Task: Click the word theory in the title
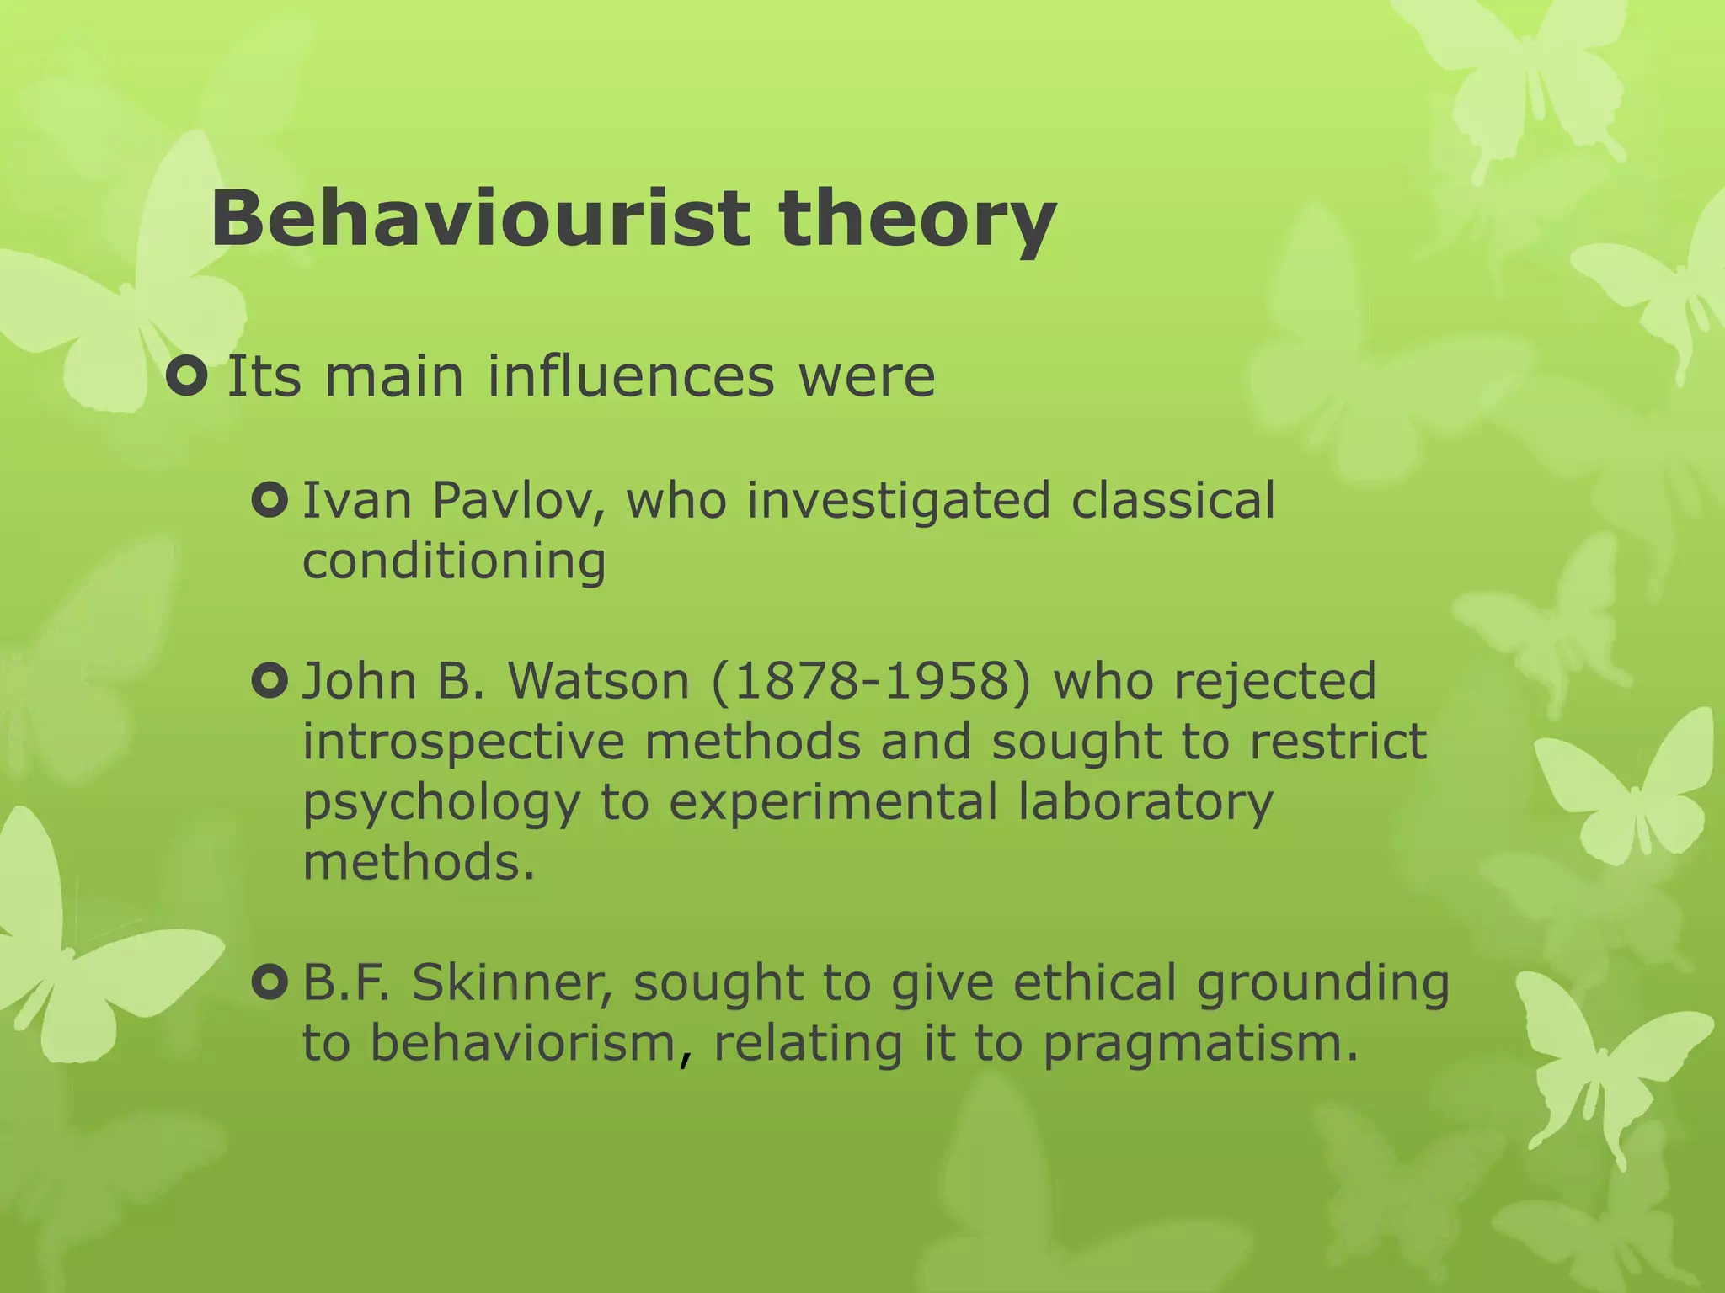(917, 221)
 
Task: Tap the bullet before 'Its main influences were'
(187, 376)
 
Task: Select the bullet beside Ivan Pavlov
(270, 501)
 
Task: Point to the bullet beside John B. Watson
(270, 680)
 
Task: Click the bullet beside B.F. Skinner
(270, 982)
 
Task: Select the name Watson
(599, 680)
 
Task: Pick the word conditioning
(454, 561)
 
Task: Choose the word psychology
(441, 803)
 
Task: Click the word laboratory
(1145, 803)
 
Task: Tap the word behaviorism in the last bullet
(523, 1042)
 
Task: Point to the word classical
(1173, 500)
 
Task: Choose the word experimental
(833, 803)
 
